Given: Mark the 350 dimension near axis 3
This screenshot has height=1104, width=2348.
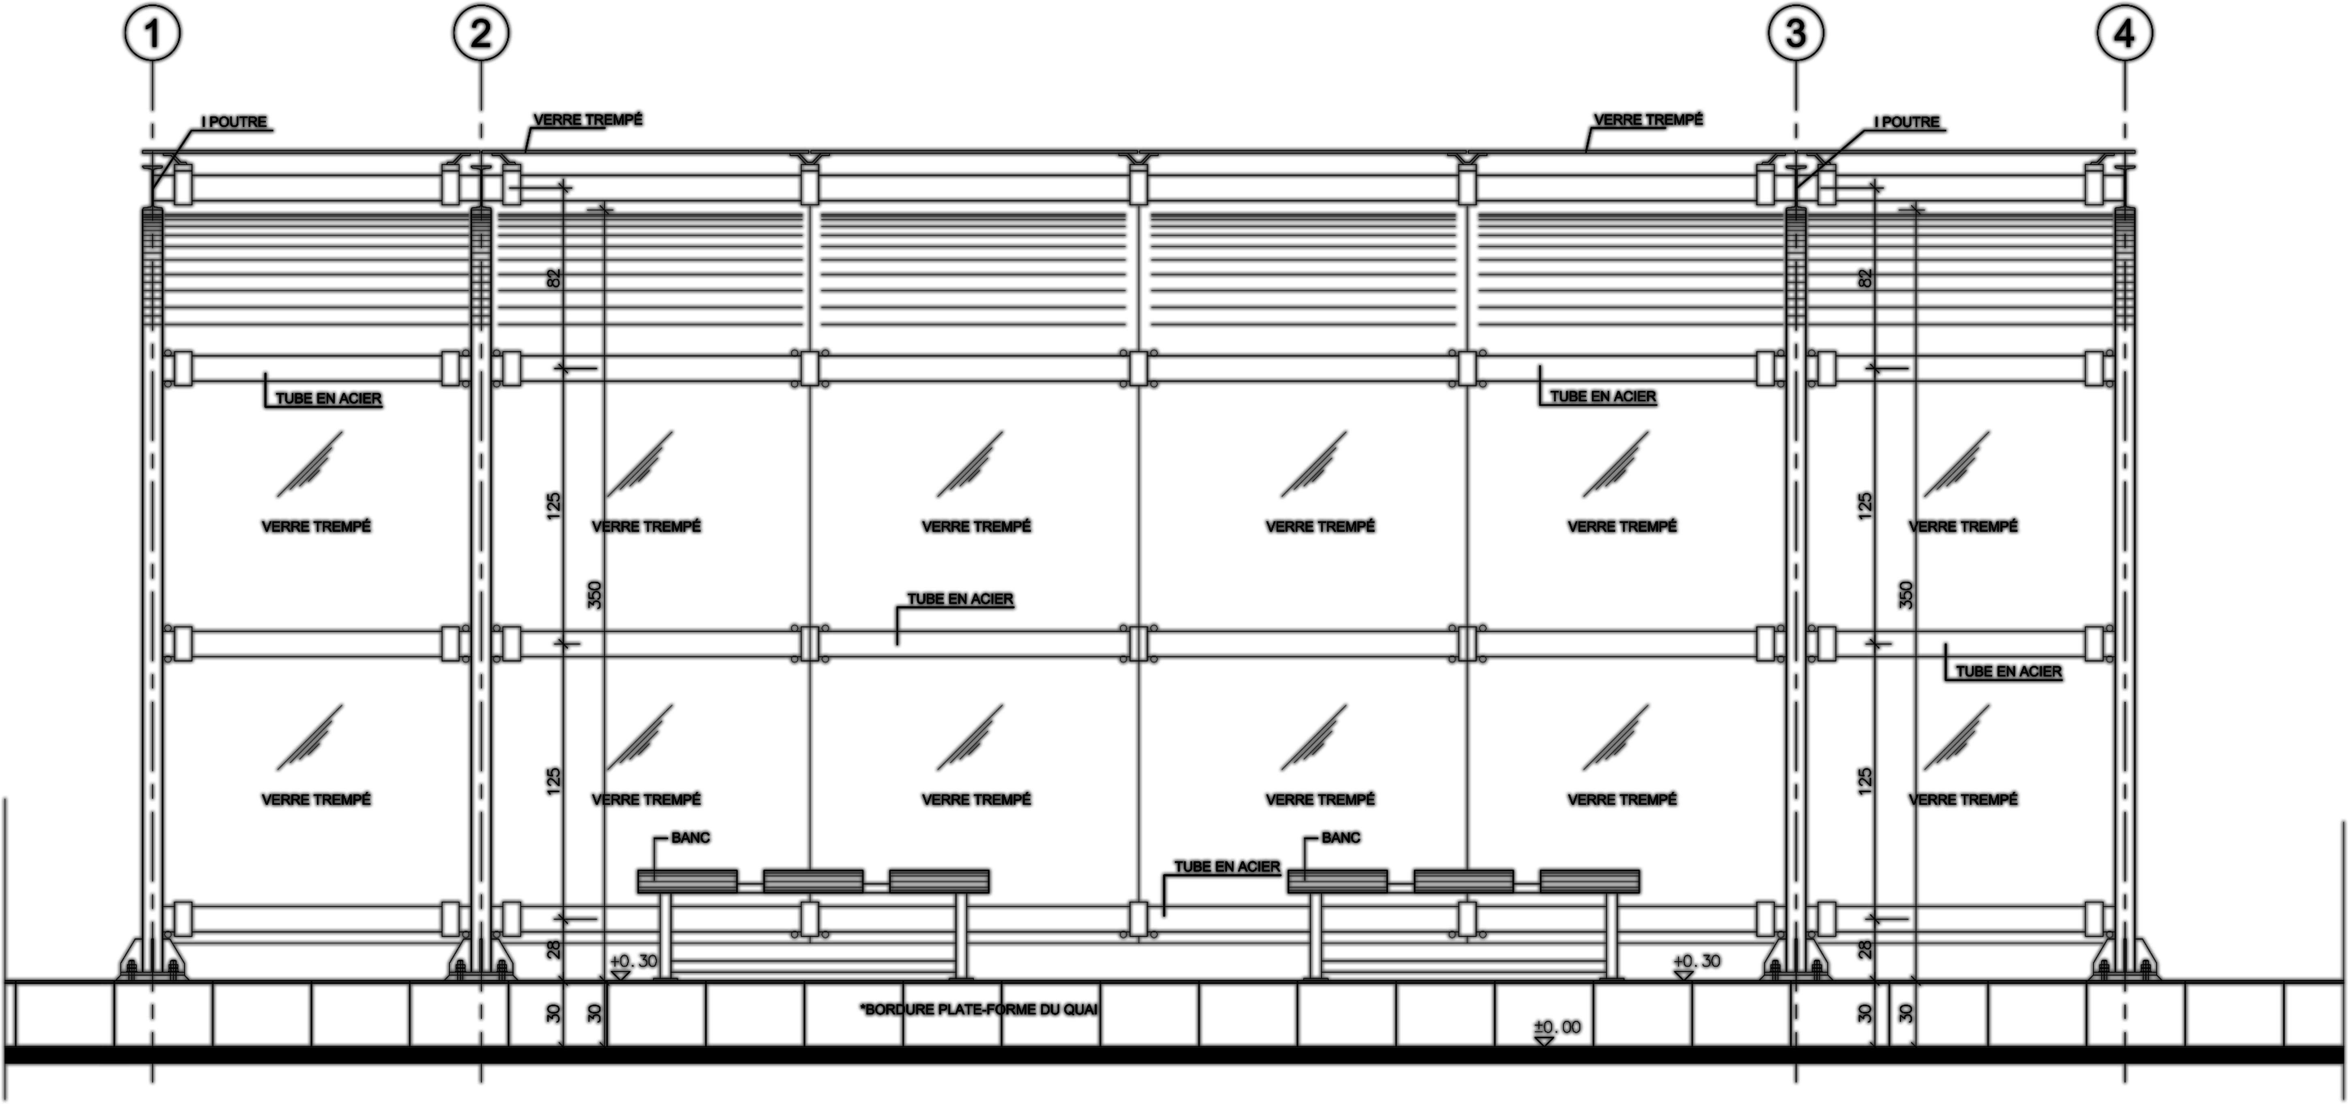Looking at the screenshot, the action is click(x=1905, y=595).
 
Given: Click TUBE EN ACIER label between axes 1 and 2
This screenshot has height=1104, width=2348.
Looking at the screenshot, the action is click(x=328, y=399).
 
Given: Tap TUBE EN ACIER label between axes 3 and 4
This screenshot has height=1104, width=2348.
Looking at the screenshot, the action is click(x=2008, y=672).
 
